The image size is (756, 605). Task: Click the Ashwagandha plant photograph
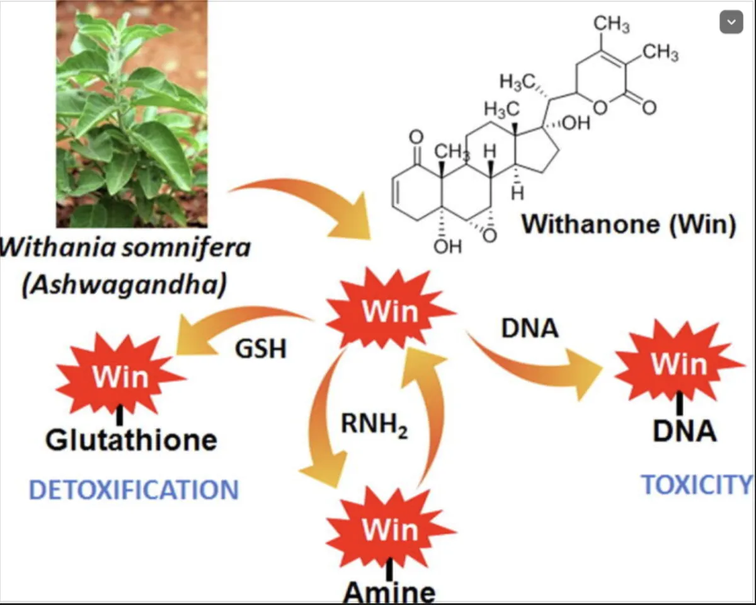(x=132, y=113)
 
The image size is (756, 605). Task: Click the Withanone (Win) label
(x=629, y=225)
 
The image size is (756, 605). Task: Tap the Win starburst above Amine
(x=390, y=530)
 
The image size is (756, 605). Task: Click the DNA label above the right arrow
(x=530, y=328)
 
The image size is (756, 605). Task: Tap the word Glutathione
(x=131, y=439)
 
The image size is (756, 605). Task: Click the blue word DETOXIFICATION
(x=134, y=490)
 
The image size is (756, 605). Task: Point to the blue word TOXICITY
(x=697, y=484)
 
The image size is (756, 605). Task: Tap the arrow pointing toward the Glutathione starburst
(x=239, y=321)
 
